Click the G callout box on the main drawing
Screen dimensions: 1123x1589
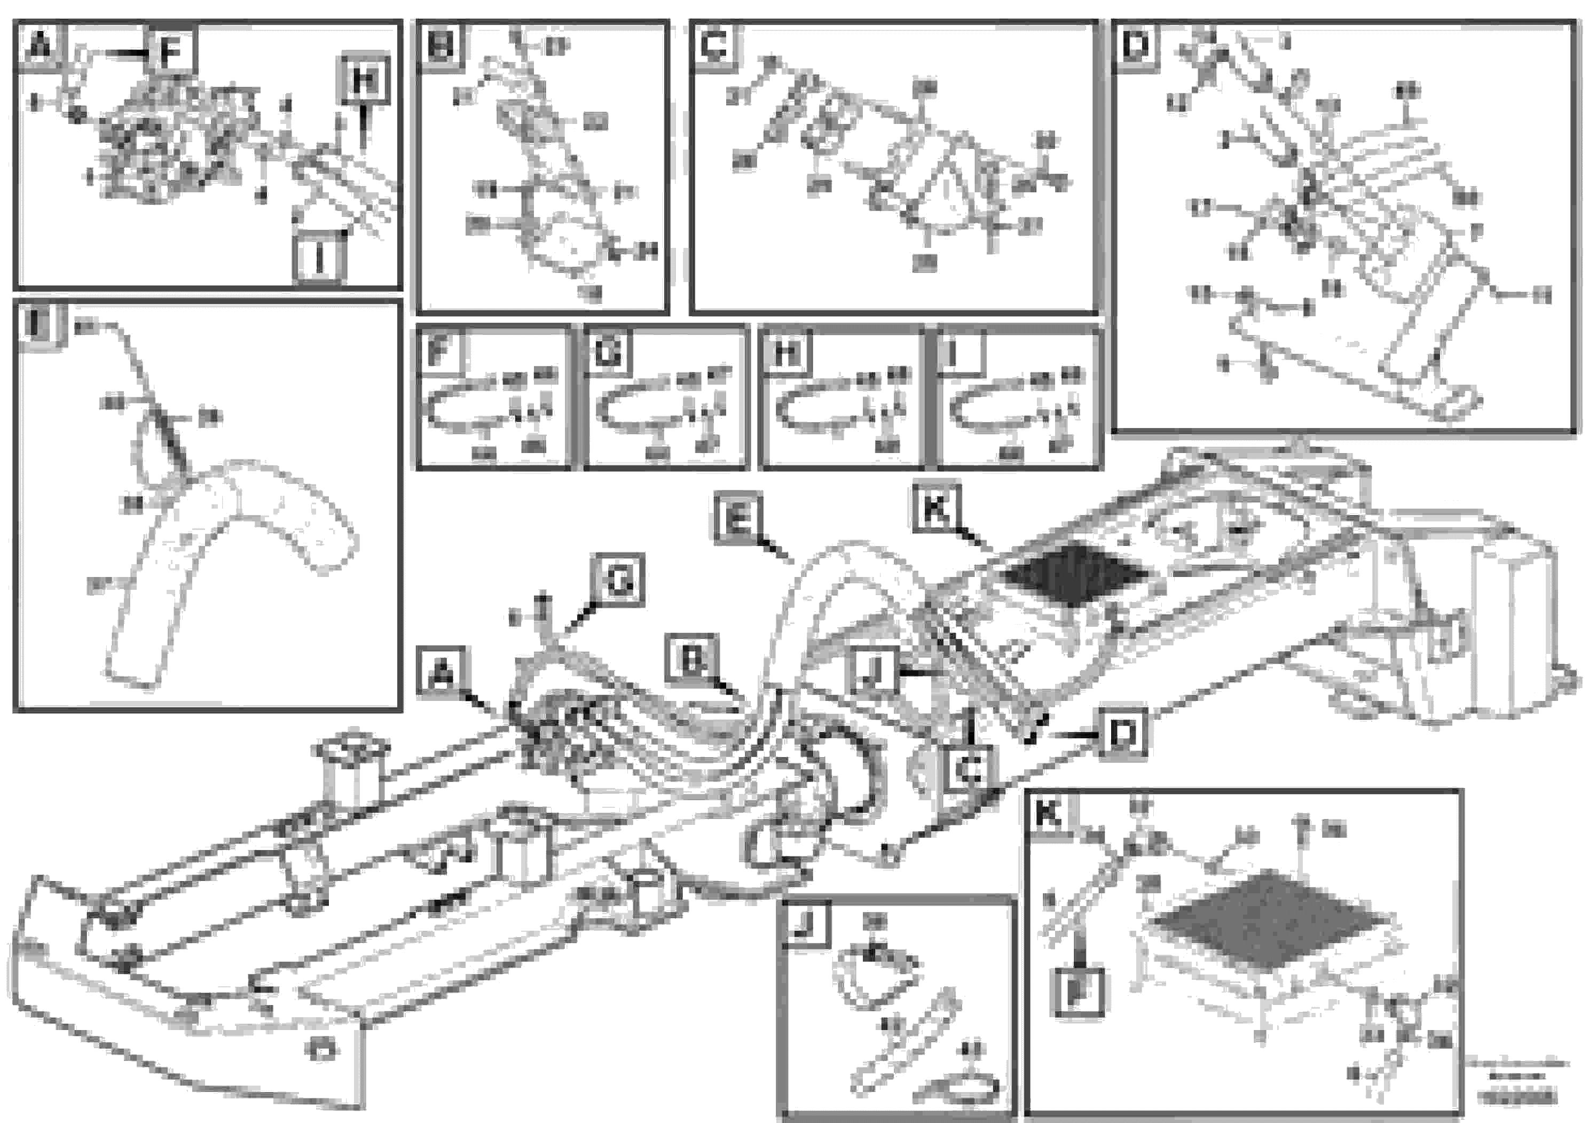click(618, 580)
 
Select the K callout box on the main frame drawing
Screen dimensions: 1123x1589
click(935, 510)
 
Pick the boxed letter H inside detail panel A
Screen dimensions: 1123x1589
click(364, 80)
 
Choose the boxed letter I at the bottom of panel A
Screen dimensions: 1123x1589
click(319, 258)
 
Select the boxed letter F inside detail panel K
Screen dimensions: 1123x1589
click(1077, 992)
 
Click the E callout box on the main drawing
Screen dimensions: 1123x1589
click(738, 517)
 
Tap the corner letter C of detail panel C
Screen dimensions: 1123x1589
click(714, 46)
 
